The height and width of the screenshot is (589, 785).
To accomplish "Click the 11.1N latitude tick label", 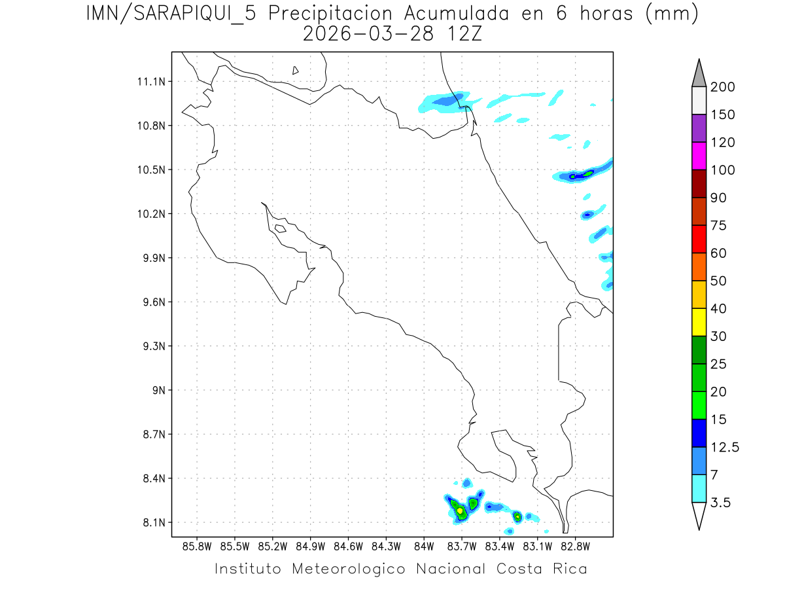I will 150,82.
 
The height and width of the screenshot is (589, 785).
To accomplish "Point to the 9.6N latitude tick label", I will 150,302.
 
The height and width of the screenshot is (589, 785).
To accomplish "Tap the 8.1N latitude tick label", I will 150,523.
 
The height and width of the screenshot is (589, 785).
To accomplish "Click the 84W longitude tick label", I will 425,546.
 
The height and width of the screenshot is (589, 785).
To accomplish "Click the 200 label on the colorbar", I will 723,87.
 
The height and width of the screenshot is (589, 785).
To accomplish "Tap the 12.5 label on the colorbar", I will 725,448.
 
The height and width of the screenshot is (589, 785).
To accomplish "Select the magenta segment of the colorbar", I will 699,156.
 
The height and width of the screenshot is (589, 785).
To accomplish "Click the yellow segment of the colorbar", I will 699,322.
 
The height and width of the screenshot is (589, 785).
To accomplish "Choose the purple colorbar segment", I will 699,128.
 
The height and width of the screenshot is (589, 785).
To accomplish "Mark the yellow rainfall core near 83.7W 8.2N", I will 460,510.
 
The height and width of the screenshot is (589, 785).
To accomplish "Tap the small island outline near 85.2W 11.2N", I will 296,70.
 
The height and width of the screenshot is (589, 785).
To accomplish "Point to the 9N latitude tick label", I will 155,390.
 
